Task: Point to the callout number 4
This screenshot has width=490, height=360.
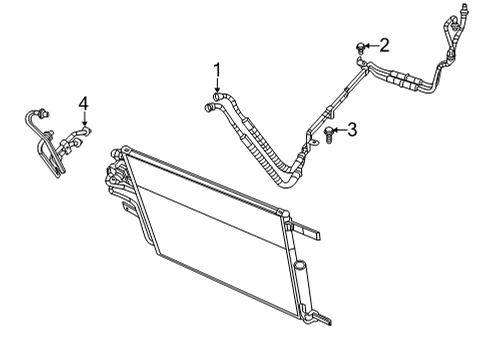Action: pyautogui.click(x=84, y=101)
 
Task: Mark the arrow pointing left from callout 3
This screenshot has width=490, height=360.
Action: pyautogui.click(x=340, y=130)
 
